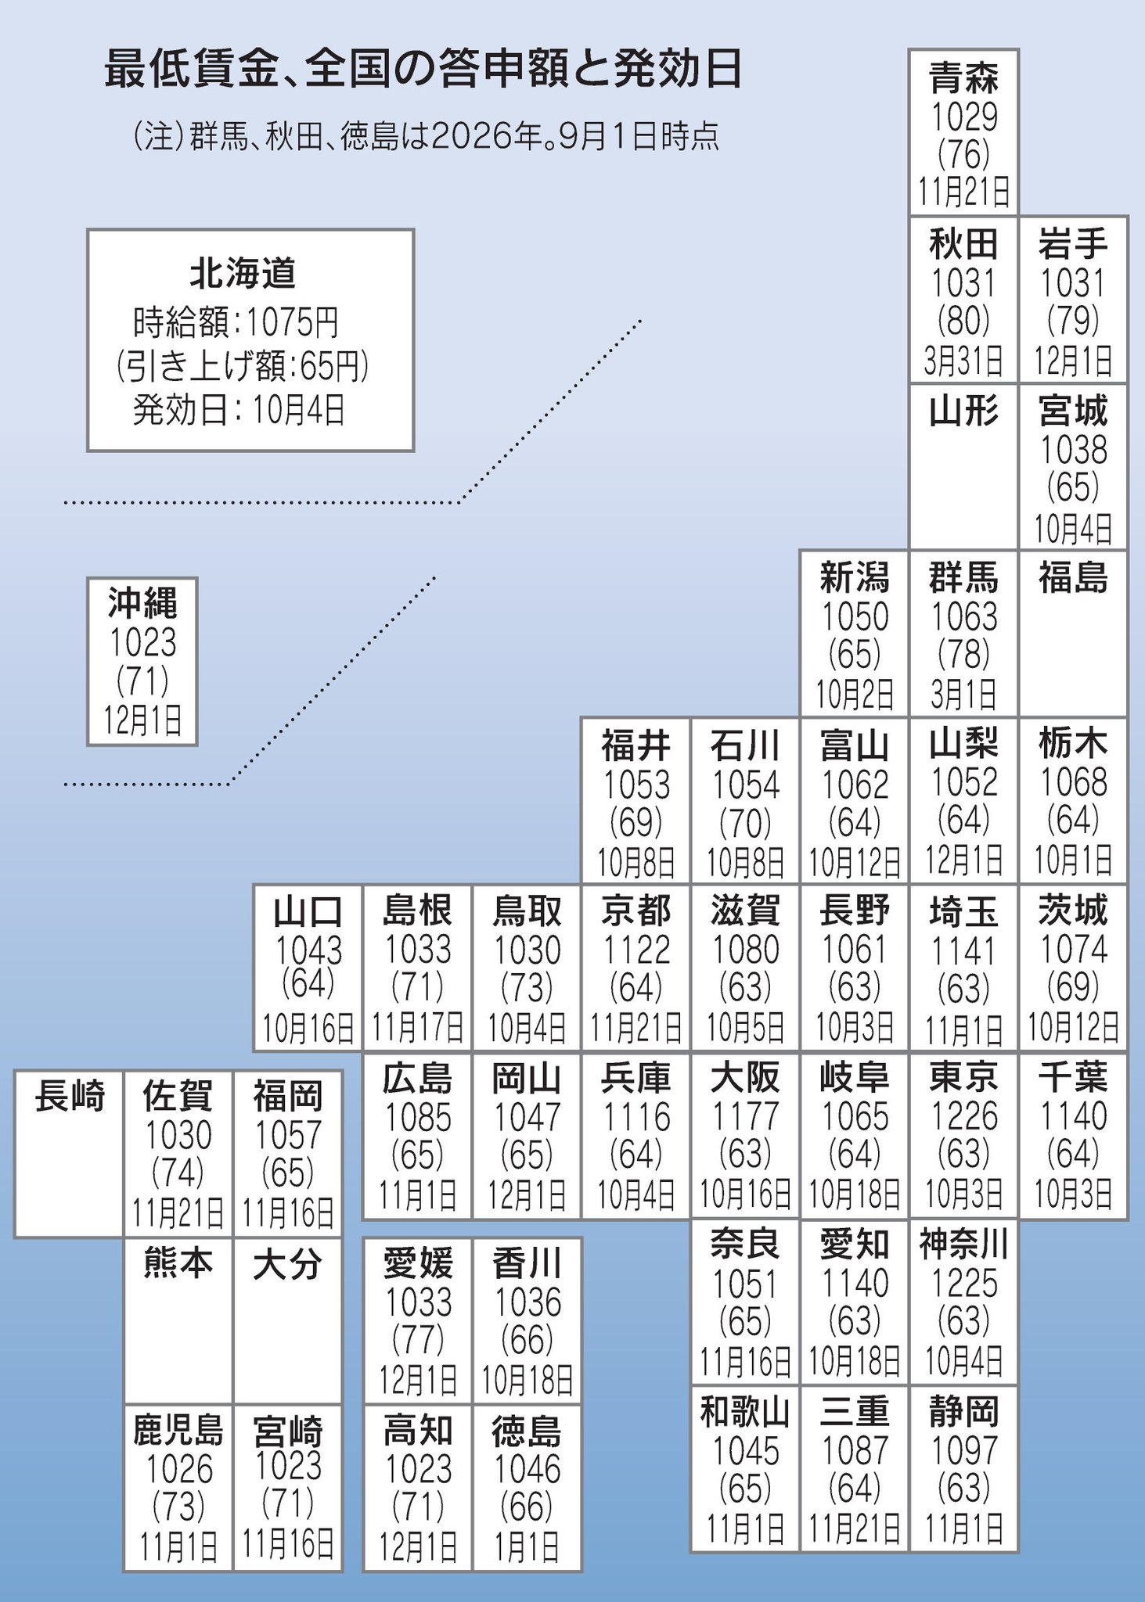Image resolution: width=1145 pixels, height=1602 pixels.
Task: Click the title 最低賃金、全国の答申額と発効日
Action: point(423,70)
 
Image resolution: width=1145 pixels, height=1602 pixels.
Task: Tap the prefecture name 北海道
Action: point(243,273)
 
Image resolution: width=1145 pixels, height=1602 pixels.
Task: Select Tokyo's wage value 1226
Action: point(964,1116)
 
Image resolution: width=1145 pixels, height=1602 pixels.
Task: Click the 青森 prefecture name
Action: point(964,78)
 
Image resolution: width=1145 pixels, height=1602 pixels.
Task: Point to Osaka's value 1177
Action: point(745,1116)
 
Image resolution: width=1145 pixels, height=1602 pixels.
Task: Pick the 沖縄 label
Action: point(142,603)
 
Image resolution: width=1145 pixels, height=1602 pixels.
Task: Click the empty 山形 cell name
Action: point(964,411)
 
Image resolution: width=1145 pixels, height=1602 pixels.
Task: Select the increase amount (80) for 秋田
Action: point(964,320)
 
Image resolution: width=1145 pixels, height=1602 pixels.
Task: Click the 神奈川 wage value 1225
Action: point(964,1284)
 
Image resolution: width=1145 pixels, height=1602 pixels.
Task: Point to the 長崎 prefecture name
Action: point(70,1096)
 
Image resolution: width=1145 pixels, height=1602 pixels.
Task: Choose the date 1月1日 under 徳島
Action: point(527,1546)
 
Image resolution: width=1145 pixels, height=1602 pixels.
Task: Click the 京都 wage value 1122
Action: point(636,950)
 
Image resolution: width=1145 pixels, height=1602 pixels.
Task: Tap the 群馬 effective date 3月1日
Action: point(964,694)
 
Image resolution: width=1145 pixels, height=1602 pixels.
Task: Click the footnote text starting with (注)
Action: point(427,137)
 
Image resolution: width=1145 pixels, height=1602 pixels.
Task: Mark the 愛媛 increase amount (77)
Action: point(418,1340)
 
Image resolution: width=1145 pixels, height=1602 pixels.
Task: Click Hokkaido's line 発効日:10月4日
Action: point(239,410)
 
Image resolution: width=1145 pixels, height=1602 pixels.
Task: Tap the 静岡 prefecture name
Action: point(964,1412)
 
